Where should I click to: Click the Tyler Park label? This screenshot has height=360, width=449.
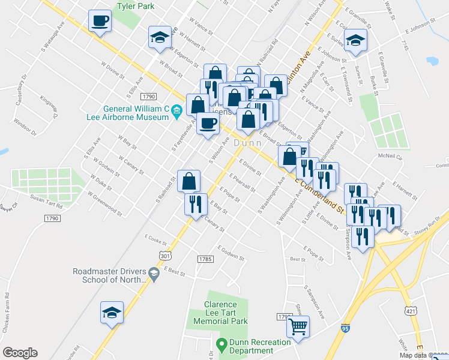[x=136, y=6]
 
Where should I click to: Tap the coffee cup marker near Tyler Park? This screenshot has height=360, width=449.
[x=100, y=21]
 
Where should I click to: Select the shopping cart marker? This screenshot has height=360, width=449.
[x=298, y=327]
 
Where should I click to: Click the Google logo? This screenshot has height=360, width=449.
[x=20, y=353]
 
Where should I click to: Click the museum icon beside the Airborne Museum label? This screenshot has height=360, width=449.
[x=176, y=110]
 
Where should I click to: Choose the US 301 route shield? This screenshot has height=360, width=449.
[x=165, y=256]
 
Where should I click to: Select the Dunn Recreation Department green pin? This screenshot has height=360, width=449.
[x=220, y=344]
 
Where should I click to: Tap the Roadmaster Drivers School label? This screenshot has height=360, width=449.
[x=110, y=274]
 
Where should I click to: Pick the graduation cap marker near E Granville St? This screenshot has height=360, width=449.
[x=357, y=40]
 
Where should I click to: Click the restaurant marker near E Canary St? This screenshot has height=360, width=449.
[x=196, y=205]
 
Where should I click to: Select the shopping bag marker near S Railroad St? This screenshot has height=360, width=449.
[x=188, y=181]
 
